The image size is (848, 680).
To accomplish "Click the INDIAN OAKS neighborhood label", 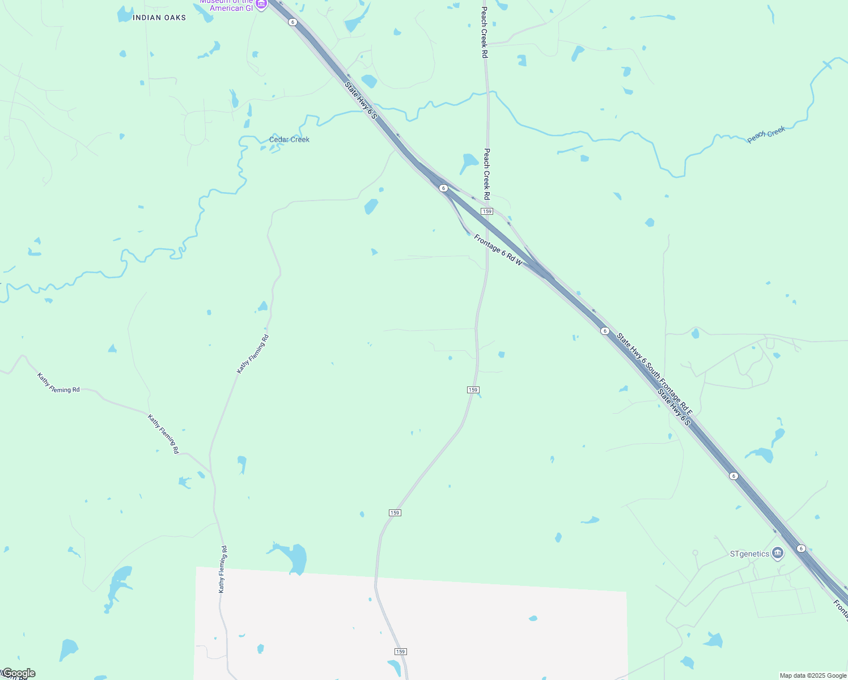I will click(159, 18).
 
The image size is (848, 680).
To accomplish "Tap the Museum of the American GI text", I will click(226, 5).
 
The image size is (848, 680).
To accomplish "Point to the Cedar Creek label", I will click(289, 139).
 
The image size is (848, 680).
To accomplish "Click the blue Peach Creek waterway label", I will click(766, 135).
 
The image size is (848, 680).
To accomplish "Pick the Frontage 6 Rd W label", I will click(498, 250).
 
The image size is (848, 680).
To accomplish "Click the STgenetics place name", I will click(749, 554).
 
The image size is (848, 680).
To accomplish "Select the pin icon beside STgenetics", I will click(778, 553).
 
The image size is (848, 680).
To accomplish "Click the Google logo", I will click(19, 673).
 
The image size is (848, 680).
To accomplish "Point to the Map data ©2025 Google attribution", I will click(813, 675).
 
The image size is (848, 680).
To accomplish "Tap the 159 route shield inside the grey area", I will click(401, 652).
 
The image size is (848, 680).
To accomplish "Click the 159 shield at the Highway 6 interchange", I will click(486, 211).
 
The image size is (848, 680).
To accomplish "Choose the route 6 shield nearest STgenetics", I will click(800, 549).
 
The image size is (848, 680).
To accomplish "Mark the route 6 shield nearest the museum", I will click(292, 22).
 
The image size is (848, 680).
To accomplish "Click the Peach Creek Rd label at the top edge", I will click(485, 32).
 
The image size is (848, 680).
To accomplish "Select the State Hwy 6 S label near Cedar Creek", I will click(361, 100).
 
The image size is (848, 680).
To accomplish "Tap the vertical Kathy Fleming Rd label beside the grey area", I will click(223, 569).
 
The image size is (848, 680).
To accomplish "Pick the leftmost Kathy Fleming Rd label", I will click(58, 383).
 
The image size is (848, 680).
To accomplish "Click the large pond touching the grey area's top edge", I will click(295, 559).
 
